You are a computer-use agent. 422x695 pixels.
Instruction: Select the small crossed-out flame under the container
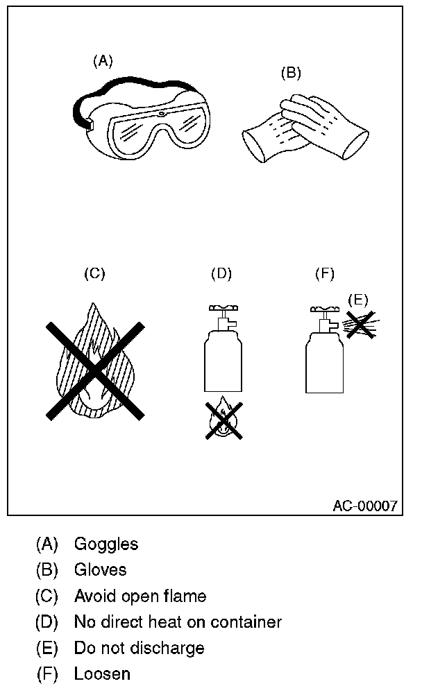pyautogui.click(x=223, y=419)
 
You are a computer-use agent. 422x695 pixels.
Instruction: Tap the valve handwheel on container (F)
pyautogui.click(x=324, y=307)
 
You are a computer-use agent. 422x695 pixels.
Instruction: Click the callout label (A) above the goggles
pyautogui.click(x=103, y=61)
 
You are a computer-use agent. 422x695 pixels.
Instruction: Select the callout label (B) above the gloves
pyautogui.click(x=291, y=72)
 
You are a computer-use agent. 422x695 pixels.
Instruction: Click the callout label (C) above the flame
pyautogui.click(x=94, y=273)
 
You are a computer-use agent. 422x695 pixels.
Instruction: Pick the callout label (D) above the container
pyautogui.click(x=221, y=273)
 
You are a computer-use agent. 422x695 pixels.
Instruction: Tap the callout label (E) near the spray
pyautogui.click(x=357, y=300)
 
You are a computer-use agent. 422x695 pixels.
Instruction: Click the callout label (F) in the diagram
pyautogui.click(x=325, y=273)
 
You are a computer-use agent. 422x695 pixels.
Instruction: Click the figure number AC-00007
pyautogui.click(x=365, y=506)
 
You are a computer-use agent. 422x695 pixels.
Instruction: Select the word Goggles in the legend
pyautogui.click(x=106, y=544)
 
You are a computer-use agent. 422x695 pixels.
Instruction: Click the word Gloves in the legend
pyautogui.click(x=101, y=569)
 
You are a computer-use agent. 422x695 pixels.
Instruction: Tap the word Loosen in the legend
pyautogui.click(x=102, y=673)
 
